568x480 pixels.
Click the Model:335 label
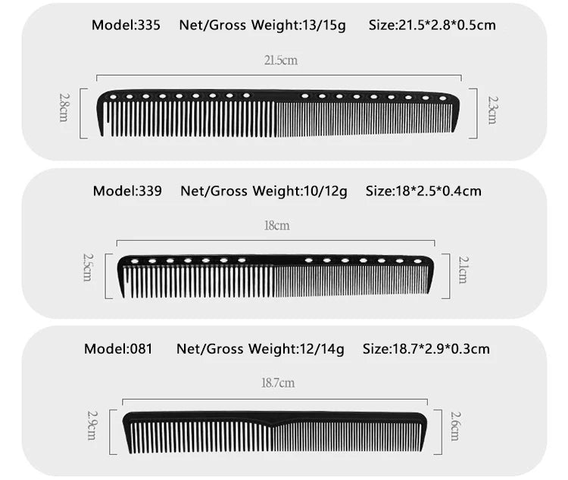point(126,25)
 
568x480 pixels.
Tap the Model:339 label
point(127,191)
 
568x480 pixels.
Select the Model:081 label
point(118,349)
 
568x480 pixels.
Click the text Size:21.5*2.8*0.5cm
point(432,25)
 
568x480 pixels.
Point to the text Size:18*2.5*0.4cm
point(423,191)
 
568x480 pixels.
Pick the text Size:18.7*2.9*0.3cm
point(426,349)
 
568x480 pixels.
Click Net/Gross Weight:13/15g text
point(262,25)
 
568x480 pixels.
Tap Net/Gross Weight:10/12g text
point(264,191)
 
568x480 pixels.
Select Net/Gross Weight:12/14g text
point(260,349)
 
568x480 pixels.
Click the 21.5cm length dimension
point(280,61)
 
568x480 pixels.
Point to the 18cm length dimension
point(276,226)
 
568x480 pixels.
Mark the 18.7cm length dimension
point(277,384)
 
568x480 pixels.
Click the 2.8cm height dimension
point(64,108)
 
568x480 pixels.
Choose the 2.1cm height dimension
point(463,270)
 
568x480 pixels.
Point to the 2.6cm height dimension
point(454,425)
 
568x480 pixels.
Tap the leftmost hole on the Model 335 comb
point(114,96)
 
